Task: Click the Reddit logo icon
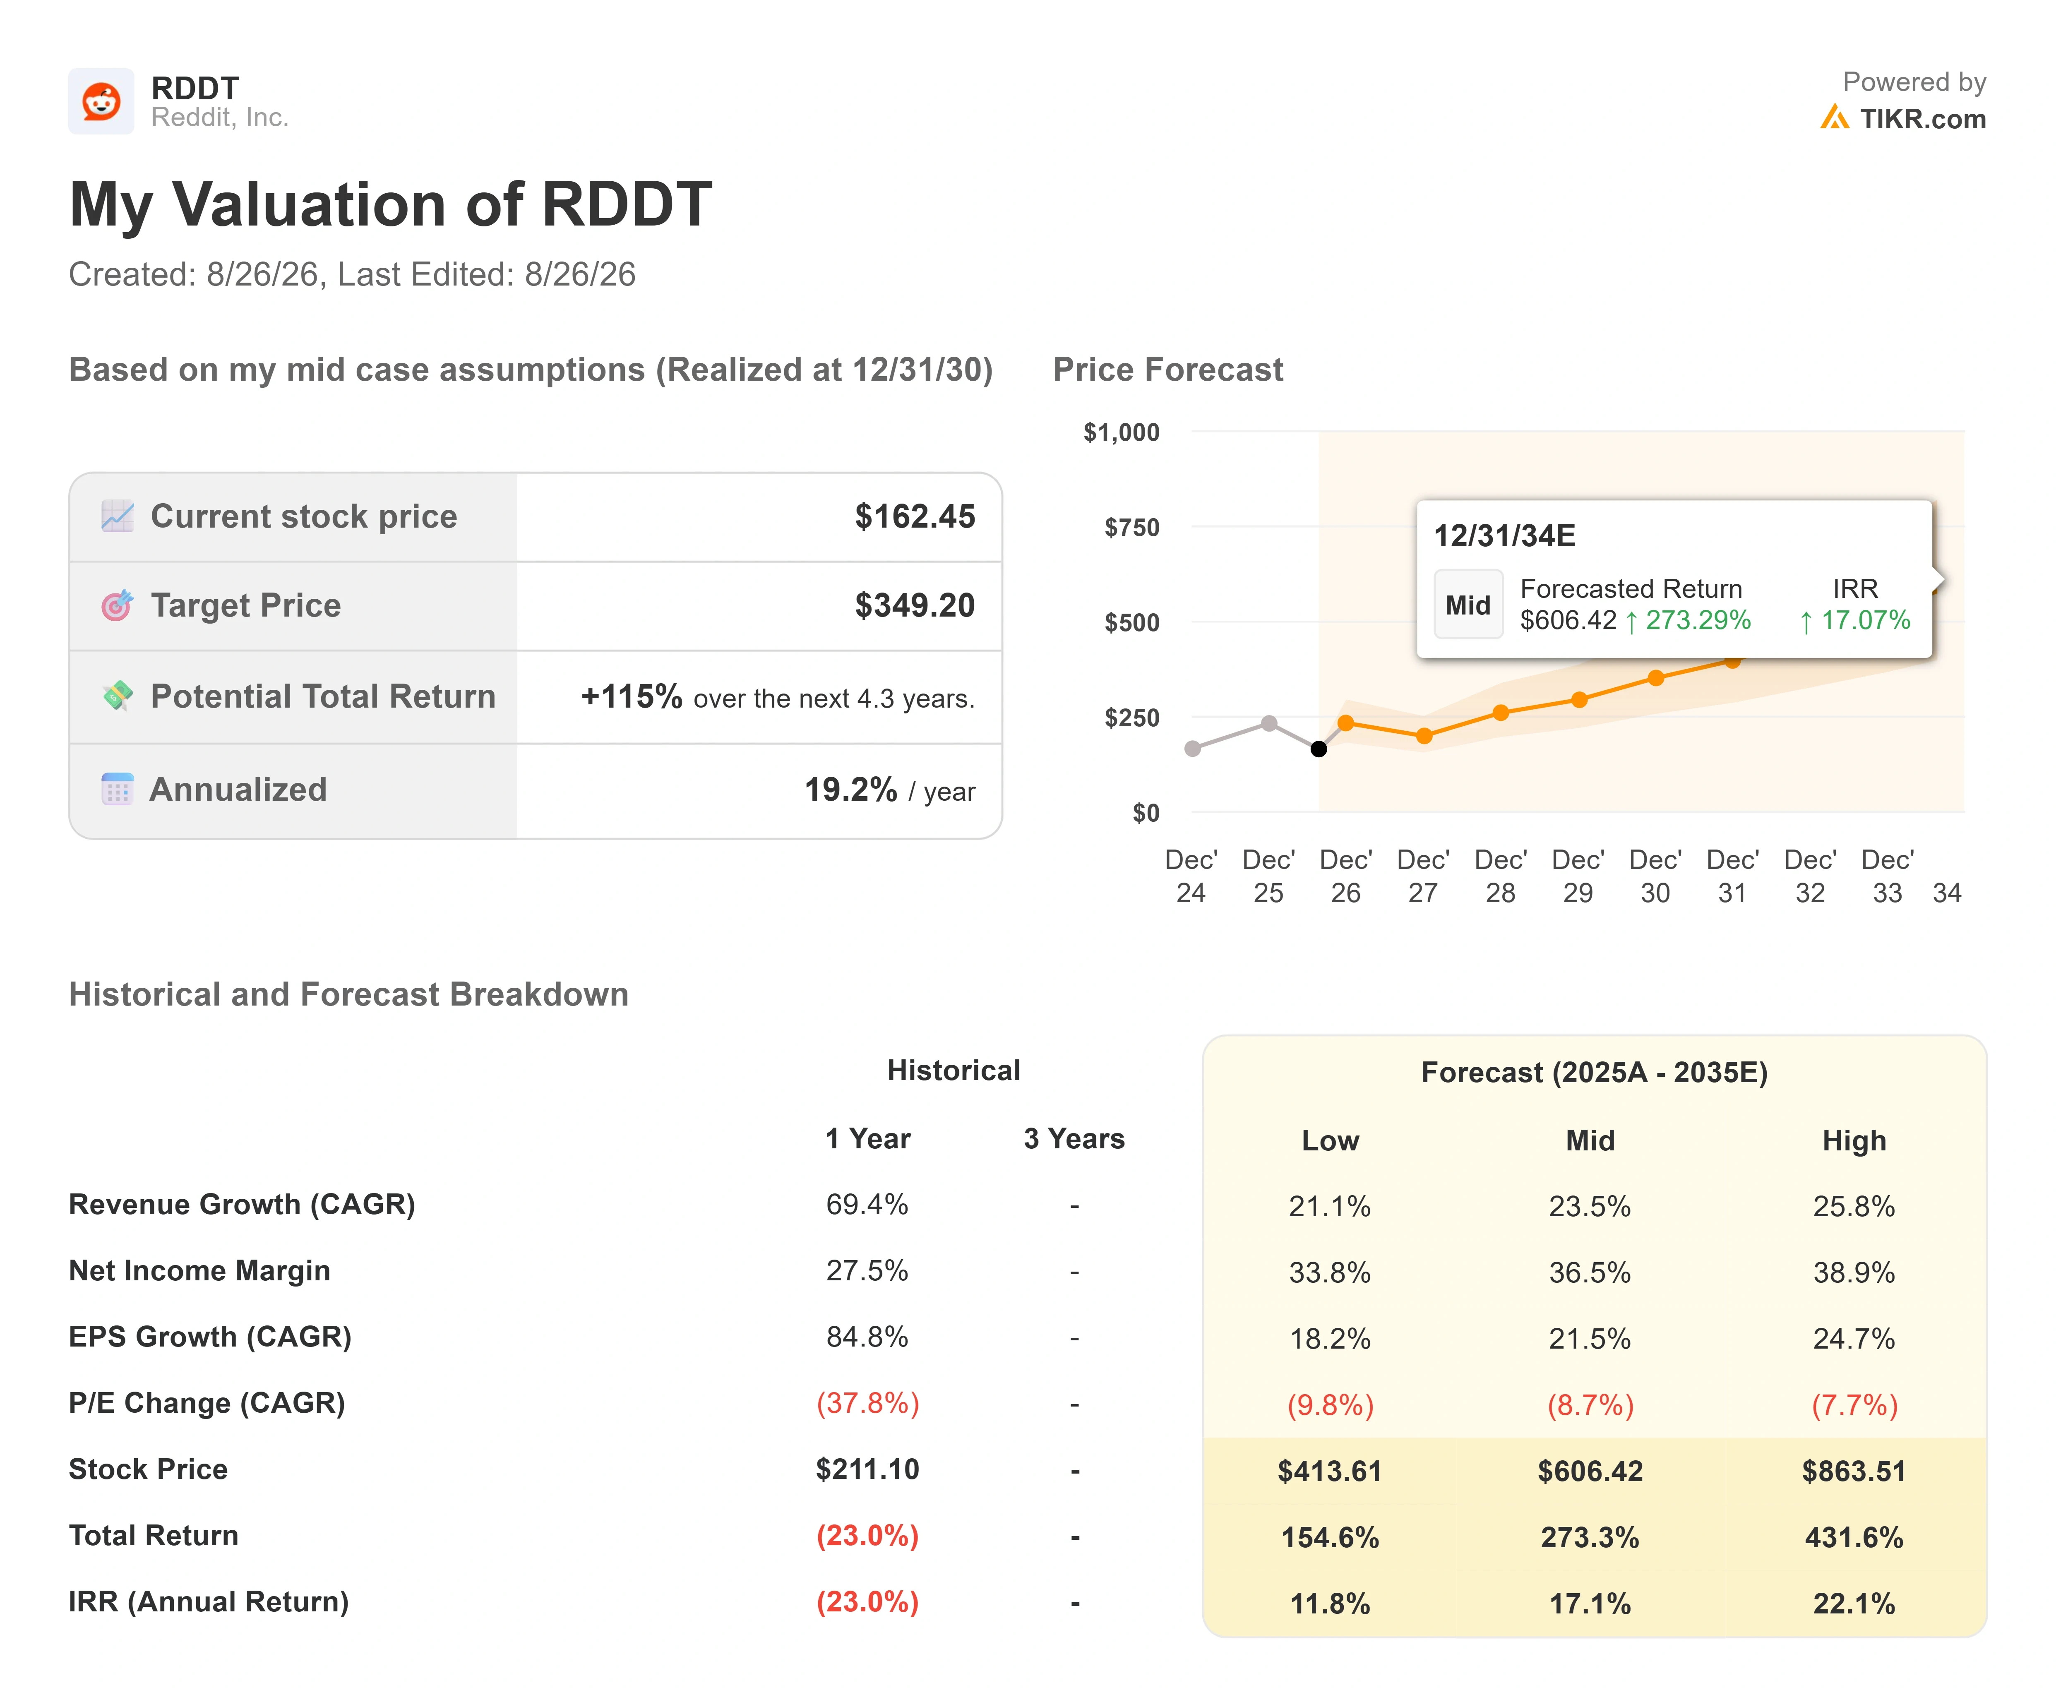click(101, 101)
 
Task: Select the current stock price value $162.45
click(914, 516)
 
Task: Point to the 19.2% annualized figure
click(850, 790)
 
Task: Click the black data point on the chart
click(1318, 749)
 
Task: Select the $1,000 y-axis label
click(1122, 432)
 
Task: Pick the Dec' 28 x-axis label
click(1500, 876)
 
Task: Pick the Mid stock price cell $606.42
click(1590, 1471)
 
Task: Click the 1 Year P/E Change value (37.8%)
click(867, 1403)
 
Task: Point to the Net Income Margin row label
click(199, 1270)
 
